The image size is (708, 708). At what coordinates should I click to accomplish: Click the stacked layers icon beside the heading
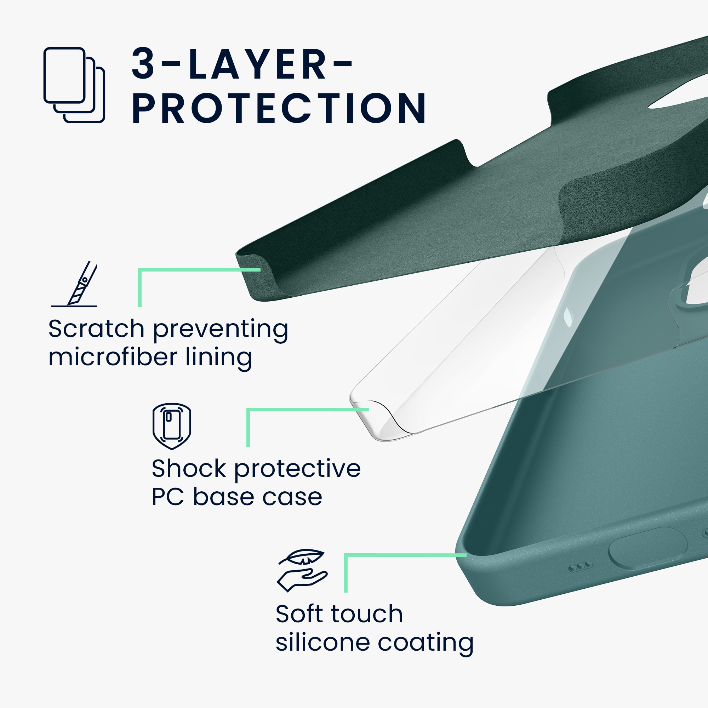click(x=74, y=85)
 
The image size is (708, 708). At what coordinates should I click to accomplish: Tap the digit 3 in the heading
click(x=143, y=63)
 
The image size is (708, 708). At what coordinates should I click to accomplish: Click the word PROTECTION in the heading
click(x=279, y=108)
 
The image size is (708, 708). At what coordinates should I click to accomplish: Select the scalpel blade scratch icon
click(x=74, y=284)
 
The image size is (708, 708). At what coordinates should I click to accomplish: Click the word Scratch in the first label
click(x=96, y=329)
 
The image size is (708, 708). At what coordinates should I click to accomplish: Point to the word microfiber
click(x=113, y=357)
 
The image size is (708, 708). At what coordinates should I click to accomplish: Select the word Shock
click(x=189, y=468)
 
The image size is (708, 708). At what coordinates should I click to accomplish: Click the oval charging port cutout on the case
click(x=647, y=549)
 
